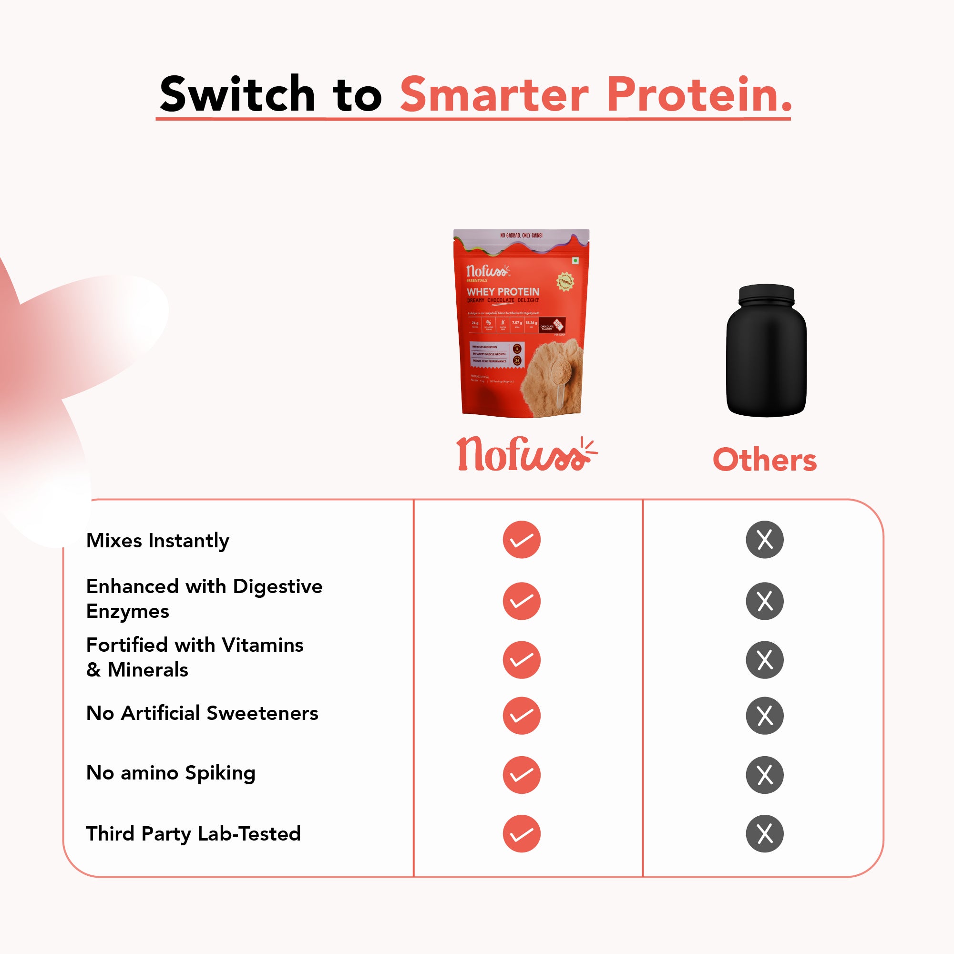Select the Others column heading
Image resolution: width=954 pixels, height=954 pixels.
[764, 460]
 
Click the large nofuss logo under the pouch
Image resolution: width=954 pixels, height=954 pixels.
[526, 454]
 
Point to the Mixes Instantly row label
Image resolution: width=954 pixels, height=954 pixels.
[157, 540]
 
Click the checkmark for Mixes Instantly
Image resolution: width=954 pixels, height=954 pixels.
[522, 540]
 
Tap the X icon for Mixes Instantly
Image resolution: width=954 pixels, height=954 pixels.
[764, 540]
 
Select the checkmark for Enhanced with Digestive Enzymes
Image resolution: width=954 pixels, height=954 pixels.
[522, 601]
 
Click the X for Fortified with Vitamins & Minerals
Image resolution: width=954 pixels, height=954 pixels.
[764, 660]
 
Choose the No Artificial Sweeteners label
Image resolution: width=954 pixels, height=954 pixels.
[202, 713]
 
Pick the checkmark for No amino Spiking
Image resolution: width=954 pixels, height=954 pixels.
[522, 775]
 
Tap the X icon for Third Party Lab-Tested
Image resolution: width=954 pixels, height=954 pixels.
[764, 833]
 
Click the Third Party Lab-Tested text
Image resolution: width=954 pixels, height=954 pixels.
[193, 833]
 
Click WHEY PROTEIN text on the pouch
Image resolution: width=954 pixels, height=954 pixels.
[503, 292]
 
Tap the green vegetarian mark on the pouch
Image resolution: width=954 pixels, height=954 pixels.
[575, 260]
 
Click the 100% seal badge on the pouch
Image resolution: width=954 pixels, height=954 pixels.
[565, 281]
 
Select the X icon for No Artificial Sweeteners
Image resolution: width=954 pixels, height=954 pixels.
[764, 716]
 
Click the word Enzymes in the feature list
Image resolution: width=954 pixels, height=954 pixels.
[127, 611]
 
